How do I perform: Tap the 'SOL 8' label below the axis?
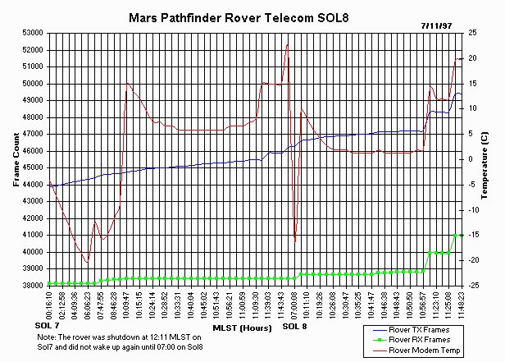(x=295, y=327)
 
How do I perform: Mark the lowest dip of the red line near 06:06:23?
(x=86, y=262)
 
